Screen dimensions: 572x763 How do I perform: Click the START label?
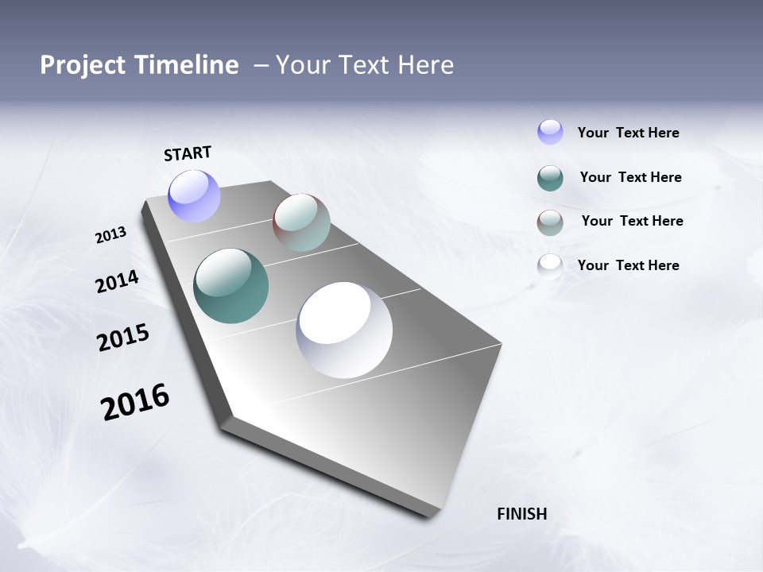coord(188,153)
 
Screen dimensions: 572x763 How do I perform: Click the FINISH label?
coord(521,514)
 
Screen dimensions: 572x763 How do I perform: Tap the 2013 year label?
coord(110,234)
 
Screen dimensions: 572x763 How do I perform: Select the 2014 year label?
coord(117,281)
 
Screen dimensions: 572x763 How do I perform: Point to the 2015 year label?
coord(123,338)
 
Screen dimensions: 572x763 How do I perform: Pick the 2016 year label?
coord(135,402)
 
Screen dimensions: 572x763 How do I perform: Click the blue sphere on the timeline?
coord(195,195)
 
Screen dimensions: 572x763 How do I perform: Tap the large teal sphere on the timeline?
coord(230,286)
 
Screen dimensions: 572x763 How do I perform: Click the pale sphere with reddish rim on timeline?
coord(301,222)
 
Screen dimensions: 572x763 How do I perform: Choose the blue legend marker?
coord(550,132)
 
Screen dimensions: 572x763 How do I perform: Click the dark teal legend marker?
coord(550,178)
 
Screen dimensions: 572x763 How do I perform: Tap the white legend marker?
coord(550,265)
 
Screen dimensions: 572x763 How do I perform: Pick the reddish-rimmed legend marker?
coord(550,222)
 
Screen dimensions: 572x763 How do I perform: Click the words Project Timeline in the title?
coord(139,65)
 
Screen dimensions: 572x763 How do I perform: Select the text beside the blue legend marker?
coord(628,133)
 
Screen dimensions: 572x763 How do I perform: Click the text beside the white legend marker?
coord(628,265)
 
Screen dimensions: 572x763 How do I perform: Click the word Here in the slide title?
coord(425,65)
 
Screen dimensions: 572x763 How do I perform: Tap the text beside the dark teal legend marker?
coord(630,177)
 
